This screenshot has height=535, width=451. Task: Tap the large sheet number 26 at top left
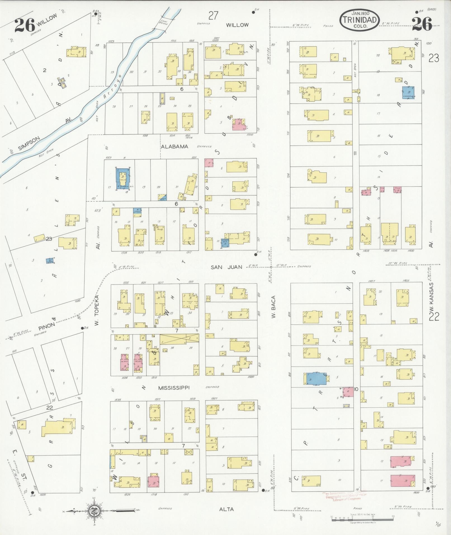tap(25, 25)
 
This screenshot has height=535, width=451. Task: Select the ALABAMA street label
tap(174, 147)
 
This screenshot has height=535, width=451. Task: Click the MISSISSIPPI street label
tap(174, 388)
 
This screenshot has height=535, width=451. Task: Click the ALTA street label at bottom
tap(226, 509)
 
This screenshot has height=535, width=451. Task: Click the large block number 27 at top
tap(213, 16)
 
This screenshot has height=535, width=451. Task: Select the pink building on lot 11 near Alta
tap(403, 482)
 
